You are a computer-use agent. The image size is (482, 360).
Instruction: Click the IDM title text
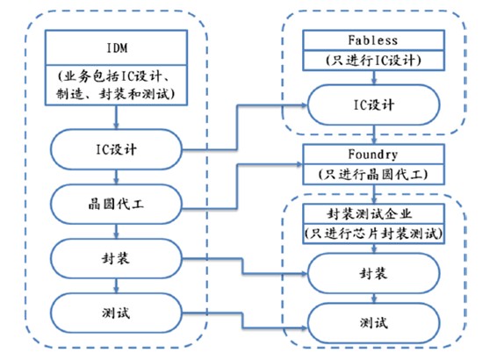117,48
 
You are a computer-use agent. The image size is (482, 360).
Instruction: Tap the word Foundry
373,155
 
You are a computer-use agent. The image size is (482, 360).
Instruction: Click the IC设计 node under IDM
116,149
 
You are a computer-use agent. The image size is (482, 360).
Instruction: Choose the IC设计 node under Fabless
373,104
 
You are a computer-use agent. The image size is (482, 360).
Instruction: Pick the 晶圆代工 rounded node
116,204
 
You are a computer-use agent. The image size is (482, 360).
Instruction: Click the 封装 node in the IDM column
116,258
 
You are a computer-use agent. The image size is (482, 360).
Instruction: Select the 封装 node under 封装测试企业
373,273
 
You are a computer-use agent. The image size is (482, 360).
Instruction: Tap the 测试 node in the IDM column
116,313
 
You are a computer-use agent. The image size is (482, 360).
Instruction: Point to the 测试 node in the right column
373,323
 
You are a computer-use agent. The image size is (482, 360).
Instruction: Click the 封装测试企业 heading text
369,213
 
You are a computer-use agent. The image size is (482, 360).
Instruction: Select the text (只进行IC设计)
373,61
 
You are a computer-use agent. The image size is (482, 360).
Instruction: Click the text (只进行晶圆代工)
373,175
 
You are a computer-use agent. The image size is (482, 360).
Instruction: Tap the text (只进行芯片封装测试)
373,234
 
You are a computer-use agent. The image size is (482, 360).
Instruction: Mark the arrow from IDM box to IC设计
116,117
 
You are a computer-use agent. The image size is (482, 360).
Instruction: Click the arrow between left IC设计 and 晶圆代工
116,176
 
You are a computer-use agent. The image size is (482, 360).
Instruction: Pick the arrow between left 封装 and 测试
116,286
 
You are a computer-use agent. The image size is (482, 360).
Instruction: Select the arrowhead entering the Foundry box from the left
300,164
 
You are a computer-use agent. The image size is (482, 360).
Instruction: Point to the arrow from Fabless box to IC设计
374,77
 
